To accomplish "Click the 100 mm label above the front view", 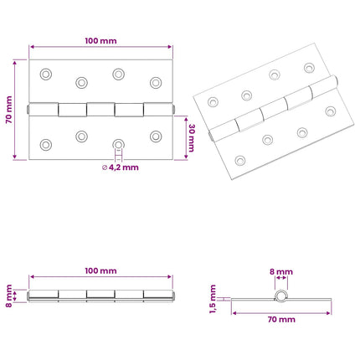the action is [100, 41].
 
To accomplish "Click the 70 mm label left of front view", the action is [9, 110].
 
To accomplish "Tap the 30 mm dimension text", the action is [192, 138].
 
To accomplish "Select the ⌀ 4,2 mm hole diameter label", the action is [121, 167].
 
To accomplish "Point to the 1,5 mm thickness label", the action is [213, 299].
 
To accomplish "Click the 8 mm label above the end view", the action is [281, 272].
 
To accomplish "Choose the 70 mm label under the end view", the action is [281, 320].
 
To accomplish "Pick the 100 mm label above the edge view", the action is [100, 270].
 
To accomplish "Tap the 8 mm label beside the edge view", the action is [9, 296].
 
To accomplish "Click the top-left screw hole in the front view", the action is [46, 75].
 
